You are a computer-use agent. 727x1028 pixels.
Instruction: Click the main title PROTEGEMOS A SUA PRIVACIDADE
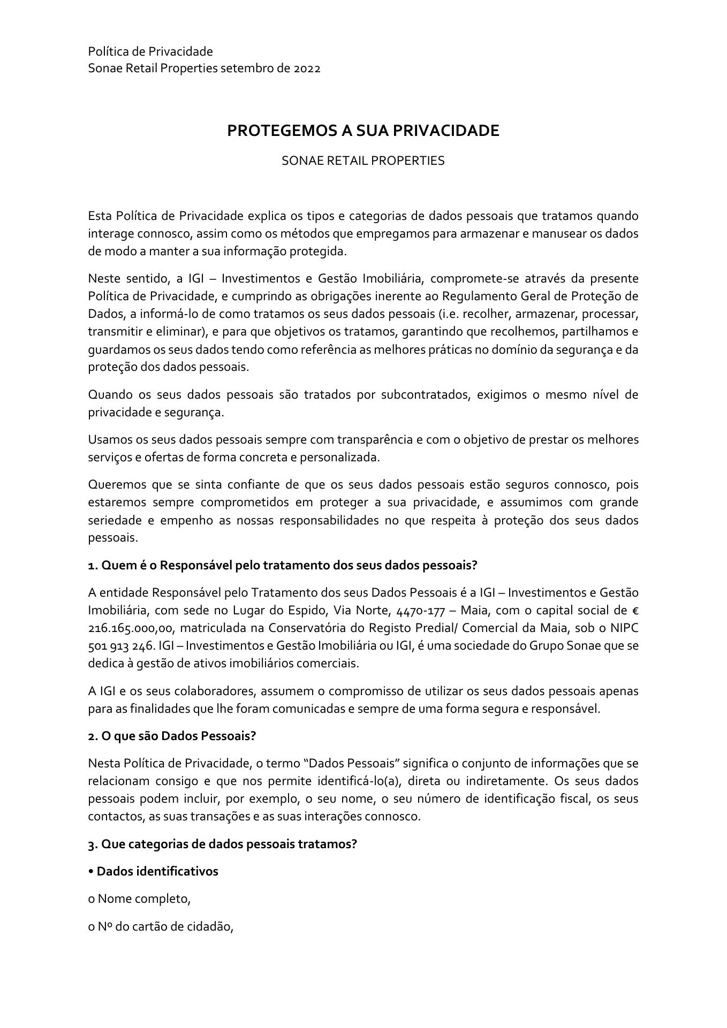coord(363,131)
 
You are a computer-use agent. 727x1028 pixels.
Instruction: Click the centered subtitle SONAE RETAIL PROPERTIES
coord(363,161)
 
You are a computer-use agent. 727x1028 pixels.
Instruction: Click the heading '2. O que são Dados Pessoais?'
coord(172,735)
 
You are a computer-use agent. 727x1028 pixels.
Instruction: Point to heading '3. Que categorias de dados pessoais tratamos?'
coord(222,844)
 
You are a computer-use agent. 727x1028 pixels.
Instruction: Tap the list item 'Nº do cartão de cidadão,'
coord(161,926)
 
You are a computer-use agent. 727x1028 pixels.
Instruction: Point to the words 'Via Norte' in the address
coord(357,611)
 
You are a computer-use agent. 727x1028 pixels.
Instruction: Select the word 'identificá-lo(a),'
coord(356,781)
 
